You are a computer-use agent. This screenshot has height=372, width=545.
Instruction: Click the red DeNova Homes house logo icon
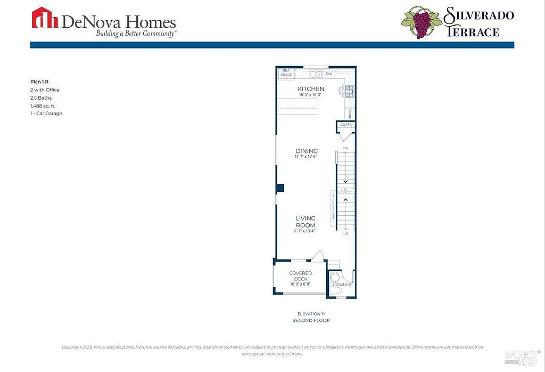pos(45,18)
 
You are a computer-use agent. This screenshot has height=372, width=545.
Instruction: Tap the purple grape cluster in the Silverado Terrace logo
pos(421,24)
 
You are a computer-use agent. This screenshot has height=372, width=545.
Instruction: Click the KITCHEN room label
pos(311,89)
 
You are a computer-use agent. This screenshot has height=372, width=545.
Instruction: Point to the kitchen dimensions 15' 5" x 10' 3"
pos(311,95)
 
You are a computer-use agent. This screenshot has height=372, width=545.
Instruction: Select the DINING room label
pos(307,151)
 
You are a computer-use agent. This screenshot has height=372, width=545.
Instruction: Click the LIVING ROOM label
pos(305,222)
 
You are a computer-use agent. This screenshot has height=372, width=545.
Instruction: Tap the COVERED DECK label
pos(300,276)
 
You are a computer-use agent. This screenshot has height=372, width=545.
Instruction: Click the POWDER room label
pos(342,285)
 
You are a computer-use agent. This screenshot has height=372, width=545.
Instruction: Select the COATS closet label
pos(346,125)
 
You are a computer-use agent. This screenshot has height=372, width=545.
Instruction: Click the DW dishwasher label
pos(329,74)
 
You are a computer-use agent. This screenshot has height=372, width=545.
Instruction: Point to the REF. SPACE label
pos(286,72)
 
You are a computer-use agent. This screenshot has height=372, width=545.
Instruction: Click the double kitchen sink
pos(316,74)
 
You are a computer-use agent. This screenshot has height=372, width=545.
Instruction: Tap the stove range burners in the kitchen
pos(350,92)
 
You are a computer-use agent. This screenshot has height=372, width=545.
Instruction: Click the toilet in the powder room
pos(335,277)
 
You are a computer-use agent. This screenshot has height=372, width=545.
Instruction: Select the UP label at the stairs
pos(345,234)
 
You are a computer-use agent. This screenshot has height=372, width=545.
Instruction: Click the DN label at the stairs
pos(345,148)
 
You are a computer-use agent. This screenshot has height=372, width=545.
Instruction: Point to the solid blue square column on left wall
pos(280,188)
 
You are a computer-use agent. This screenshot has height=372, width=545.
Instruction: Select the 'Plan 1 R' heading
pos(39,82)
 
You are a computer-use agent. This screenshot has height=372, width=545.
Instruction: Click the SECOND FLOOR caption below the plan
pos(311,320)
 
